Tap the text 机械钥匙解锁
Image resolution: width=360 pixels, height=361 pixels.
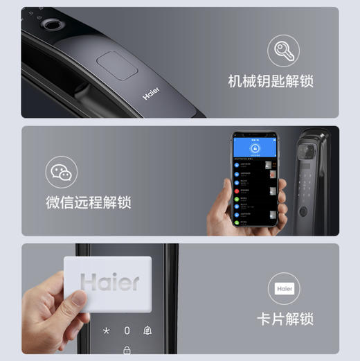pos(271,81)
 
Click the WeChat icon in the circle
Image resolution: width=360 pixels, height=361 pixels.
pos(62,173)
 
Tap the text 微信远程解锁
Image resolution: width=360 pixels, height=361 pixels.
pos(89,202)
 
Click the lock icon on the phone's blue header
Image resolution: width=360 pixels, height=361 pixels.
pos(254,148)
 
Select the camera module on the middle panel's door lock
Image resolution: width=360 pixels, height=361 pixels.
pos(307,152)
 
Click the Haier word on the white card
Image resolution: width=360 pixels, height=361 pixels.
pos(109,281)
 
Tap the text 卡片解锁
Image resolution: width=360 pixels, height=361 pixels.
pos(285,319)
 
